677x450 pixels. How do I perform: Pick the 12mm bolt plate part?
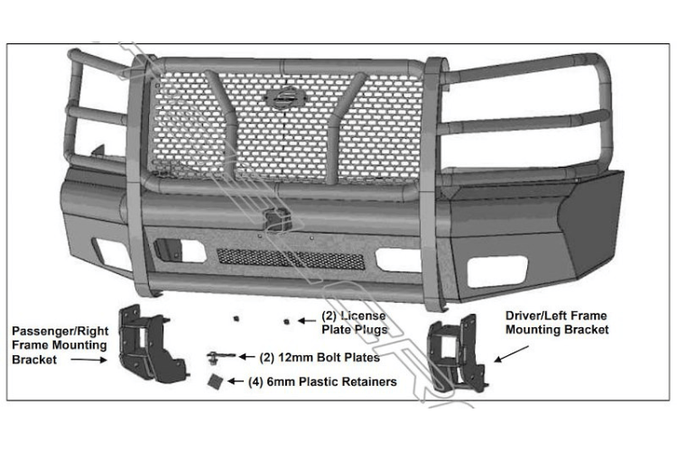219,355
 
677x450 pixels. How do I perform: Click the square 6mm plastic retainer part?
216,381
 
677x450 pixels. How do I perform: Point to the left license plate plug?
237,318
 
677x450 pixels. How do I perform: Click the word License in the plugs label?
362,317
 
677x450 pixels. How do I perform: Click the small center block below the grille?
274,219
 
